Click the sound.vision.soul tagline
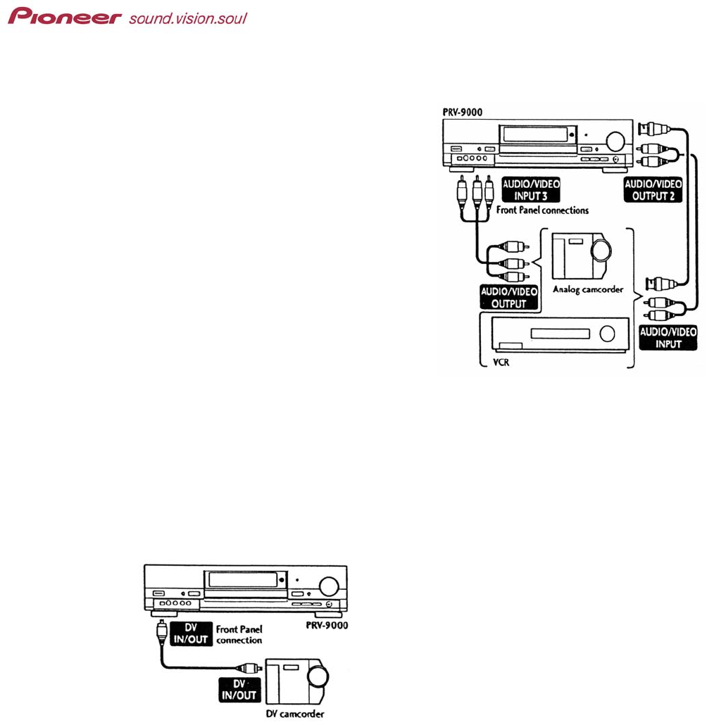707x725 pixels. pos(187,18)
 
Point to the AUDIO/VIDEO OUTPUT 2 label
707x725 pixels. pos(653,189)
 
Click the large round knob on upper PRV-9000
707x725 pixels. pos(615,141)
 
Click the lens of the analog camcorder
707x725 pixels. pos(603,251)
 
